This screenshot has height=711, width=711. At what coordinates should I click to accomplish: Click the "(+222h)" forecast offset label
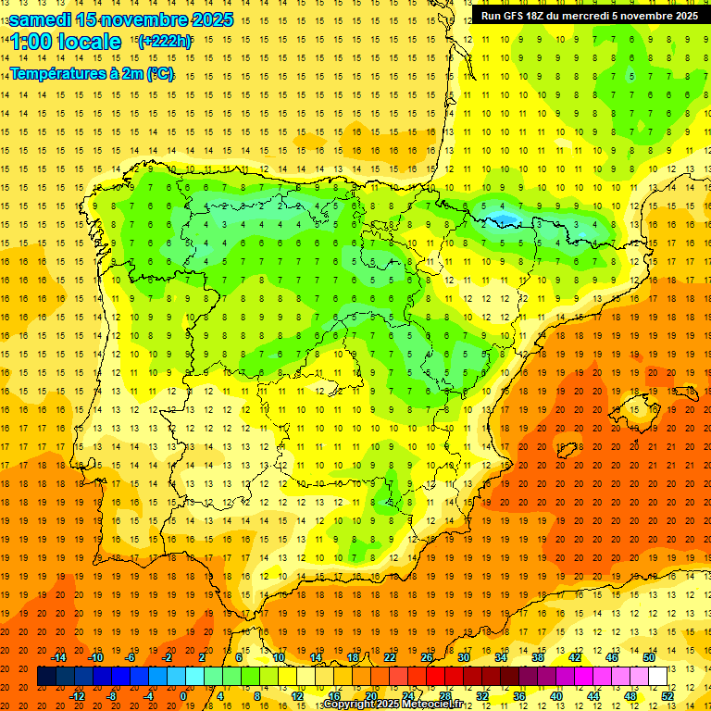[x=164, y=41]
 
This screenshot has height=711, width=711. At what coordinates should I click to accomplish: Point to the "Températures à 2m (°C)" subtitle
[x=92, y=74]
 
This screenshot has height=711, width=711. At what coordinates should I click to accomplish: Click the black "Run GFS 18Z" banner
[x=589, y=15]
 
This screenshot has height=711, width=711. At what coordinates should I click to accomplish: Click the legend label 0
[x=183, y=696]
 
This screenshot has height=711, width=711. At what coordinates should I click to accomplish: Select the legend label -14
[x=59, y=656]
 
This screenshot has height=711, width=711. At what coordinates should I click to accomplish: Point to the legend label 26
[x=427, y=656]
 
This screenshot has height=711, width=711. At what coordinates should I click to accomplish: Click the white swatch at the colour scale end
[x=657, y=676]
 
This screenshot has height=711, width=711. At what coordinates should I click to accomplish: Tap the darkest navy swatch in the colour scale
[x=46, y=676]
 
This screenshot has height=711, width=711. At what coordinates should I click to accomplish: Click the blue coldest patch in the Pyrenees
[x=505, y=219]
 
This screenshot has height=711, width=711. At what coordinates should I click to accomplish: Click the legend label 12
[x=296, y=696]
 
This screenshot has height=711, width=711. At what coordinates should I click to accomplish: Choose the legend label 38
[x=538, y=656]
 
